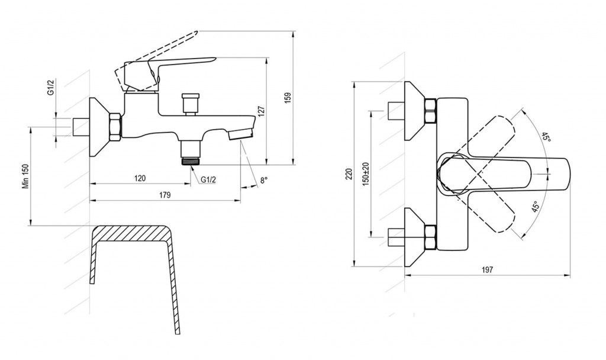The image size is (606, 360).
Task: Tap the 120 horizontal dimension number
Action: tap(140, 178)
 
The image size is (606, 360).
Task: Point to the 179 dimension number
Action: tap(165, 195)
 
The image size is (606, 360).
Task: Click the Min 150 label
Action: tap(26, 176)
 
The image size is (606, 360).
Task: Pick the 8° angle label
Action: tap(263, 180)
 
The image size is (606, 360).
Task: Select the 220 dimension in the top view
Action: tap(349, 174)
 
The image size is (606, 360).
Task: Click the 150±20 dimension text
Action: tap(366, 173)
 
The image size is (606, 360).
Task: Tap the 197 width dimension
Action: tap(488, 270)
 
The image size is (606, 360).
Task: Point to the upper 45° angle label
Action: tap(546, 137)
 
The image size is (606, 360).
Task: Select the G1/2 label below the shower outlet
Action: tap(208, 180)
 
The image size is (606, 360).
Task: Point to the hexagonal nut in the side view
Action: tap(115, 127)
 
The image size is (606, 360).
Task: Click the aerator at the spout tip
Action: tap(240, 134)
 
